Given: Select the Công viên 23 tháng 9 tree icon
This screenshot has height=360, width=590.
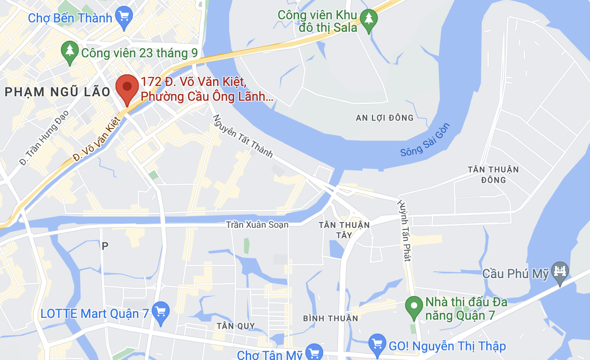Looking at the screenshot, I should pos(69,52).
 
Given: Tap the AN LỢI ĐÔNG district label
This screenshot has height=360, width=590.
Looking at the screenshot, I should pos(385,118).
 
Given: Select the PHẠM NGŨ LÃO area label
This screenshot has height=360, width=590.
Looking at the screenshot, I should pos(57,92).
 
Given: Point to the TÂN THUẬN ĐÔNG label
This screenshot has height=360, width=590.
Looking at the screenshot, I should pos(493,175).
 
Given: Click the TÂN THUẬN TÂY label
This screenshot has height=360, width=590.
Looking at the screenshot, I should pos(344,229).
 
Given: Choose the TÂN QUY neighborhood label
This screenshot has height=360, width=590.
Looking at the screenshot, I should pos(235,326).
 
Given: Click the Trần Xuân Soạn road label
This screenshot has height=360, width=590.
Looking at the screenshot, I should pos(257,224).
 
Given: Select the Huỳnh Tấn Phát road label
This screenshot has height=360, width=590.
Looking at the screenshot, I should pos(405,230).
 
